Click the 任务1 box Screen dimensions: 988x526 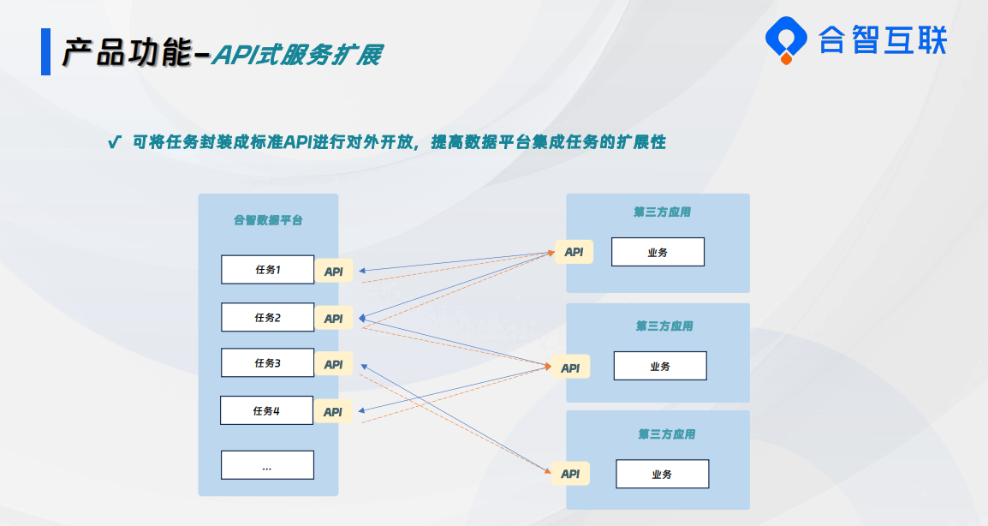[267, 269]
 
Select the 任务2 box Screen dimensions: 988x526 [267, 317]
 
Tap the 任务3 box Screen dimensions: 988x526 [267, 362]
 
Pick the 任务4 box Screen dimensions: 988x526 [266, 410]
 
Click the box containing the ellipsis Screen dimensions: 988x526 [267, 465]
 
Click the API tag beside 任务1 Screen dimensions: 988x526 [333, 272]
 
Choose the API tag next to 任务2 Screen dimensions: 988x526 [333, 319]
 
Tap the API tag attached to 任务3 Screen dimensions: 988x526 [333, 364]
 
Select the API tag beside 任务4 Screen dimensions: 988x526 [333, 411]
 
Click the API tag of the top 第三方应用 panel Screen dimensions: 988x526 [574, 252]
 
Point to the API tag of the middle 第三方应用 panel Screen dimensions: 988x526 [570, 367]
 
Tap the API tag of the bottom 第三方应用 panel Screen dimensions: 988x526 [570, 474]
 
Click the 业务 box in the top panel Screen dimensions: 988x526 [658, 252]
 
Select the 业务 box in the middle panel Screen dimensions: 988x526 [660, 366]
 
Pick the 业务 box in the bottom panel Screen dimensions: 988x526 [663, 474]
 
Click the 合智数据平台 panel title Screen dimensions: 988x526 [269, 220]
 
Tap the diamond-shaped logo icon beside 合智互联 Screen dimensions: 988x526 [786, 40]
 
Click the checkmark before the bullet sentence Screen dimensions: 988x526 [114, 142]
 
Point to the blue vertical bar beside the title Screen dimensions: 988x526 [45, 51]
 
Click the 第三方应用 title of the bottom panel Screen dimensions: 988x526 [667, 434]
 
